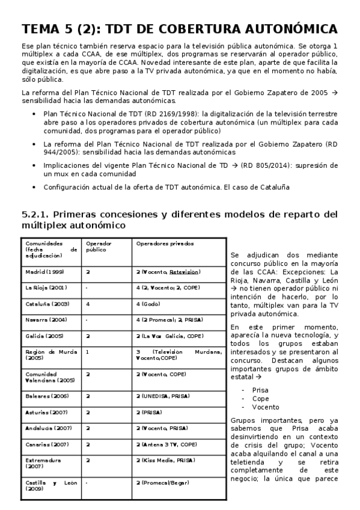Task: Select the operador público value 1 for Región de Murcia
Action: click(x=88, y=351)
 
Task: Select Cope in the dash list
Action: click(x=261, y=398)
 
